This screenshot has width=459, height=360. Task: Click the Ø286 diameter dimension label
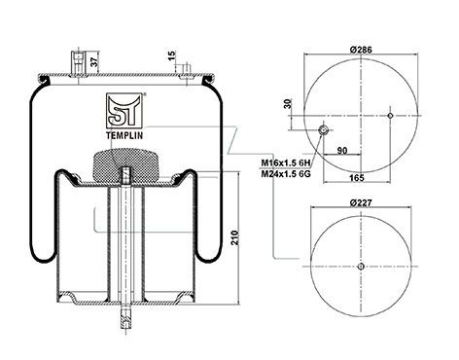click(361, 50)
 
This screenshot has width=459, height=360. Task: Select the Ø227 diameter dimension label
click(361, 202)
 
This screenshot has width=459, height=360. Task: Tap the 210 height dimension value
click(234, 237)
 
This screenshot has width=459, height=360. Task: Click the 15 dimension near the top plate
click(172, 55)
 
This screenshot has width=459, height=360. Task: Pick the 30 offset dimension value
click(287, 104)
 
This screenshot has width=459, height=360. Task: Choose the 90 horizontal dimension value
click(342, 151)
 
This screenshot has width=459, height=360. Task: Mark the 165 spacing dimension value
click(357, 178)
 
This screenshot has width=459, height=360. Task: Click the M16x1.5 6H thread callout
click(286, 162)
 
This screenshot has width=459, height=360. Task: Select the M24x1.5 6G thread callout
click(286, 174)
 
